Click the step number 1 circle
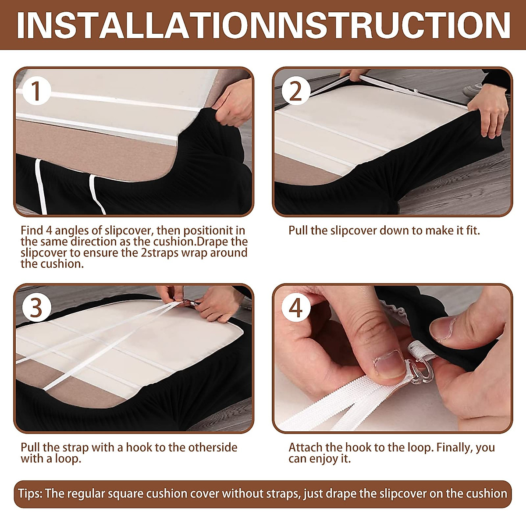point(36,91)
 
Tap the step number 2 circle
point(296,91)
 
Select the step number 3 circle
point(36,308)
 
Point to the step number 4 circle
point(296,308)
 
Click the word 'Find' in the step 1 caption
point(32,231)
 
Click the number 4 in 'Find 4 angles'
point(49,231)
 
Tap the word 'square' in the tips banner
point(125,494)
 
